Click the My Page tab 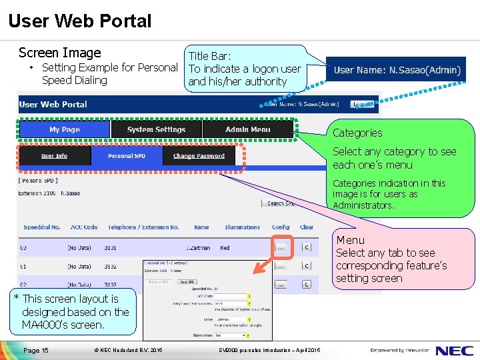click(x=65, y=129)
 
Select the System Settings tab click(x=156, y=129)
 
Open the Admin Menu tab click(x=247, y=129)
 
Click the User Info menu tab click(x=54, y=156)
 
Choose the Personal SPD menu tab click(x=126, y=156)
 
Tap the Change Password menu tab click(x=199, y=156)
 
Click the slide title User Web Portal click(x=80, y=21)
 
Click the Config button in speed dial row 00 click(x=281, y=247)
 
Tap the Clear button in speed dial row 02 click(x=306, y=284)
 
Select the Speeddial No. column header click(x=42, y=227)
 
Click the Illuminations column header click(x=242, y=227)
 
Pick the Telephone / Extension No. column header click(x=143, y=227)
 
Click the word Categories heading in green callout click(x=357, y=133)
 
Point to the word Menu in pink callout click(x=350, y=240)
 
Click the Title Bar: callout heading click(x=209, y=57)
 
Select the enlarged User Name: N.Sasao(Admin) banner click(x=396, y=70)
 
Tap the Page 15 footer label click(x=36, y=350)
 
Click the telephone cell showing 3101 click(x=110, y=247)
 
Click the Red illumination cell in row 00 click(x=225, y=247)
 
